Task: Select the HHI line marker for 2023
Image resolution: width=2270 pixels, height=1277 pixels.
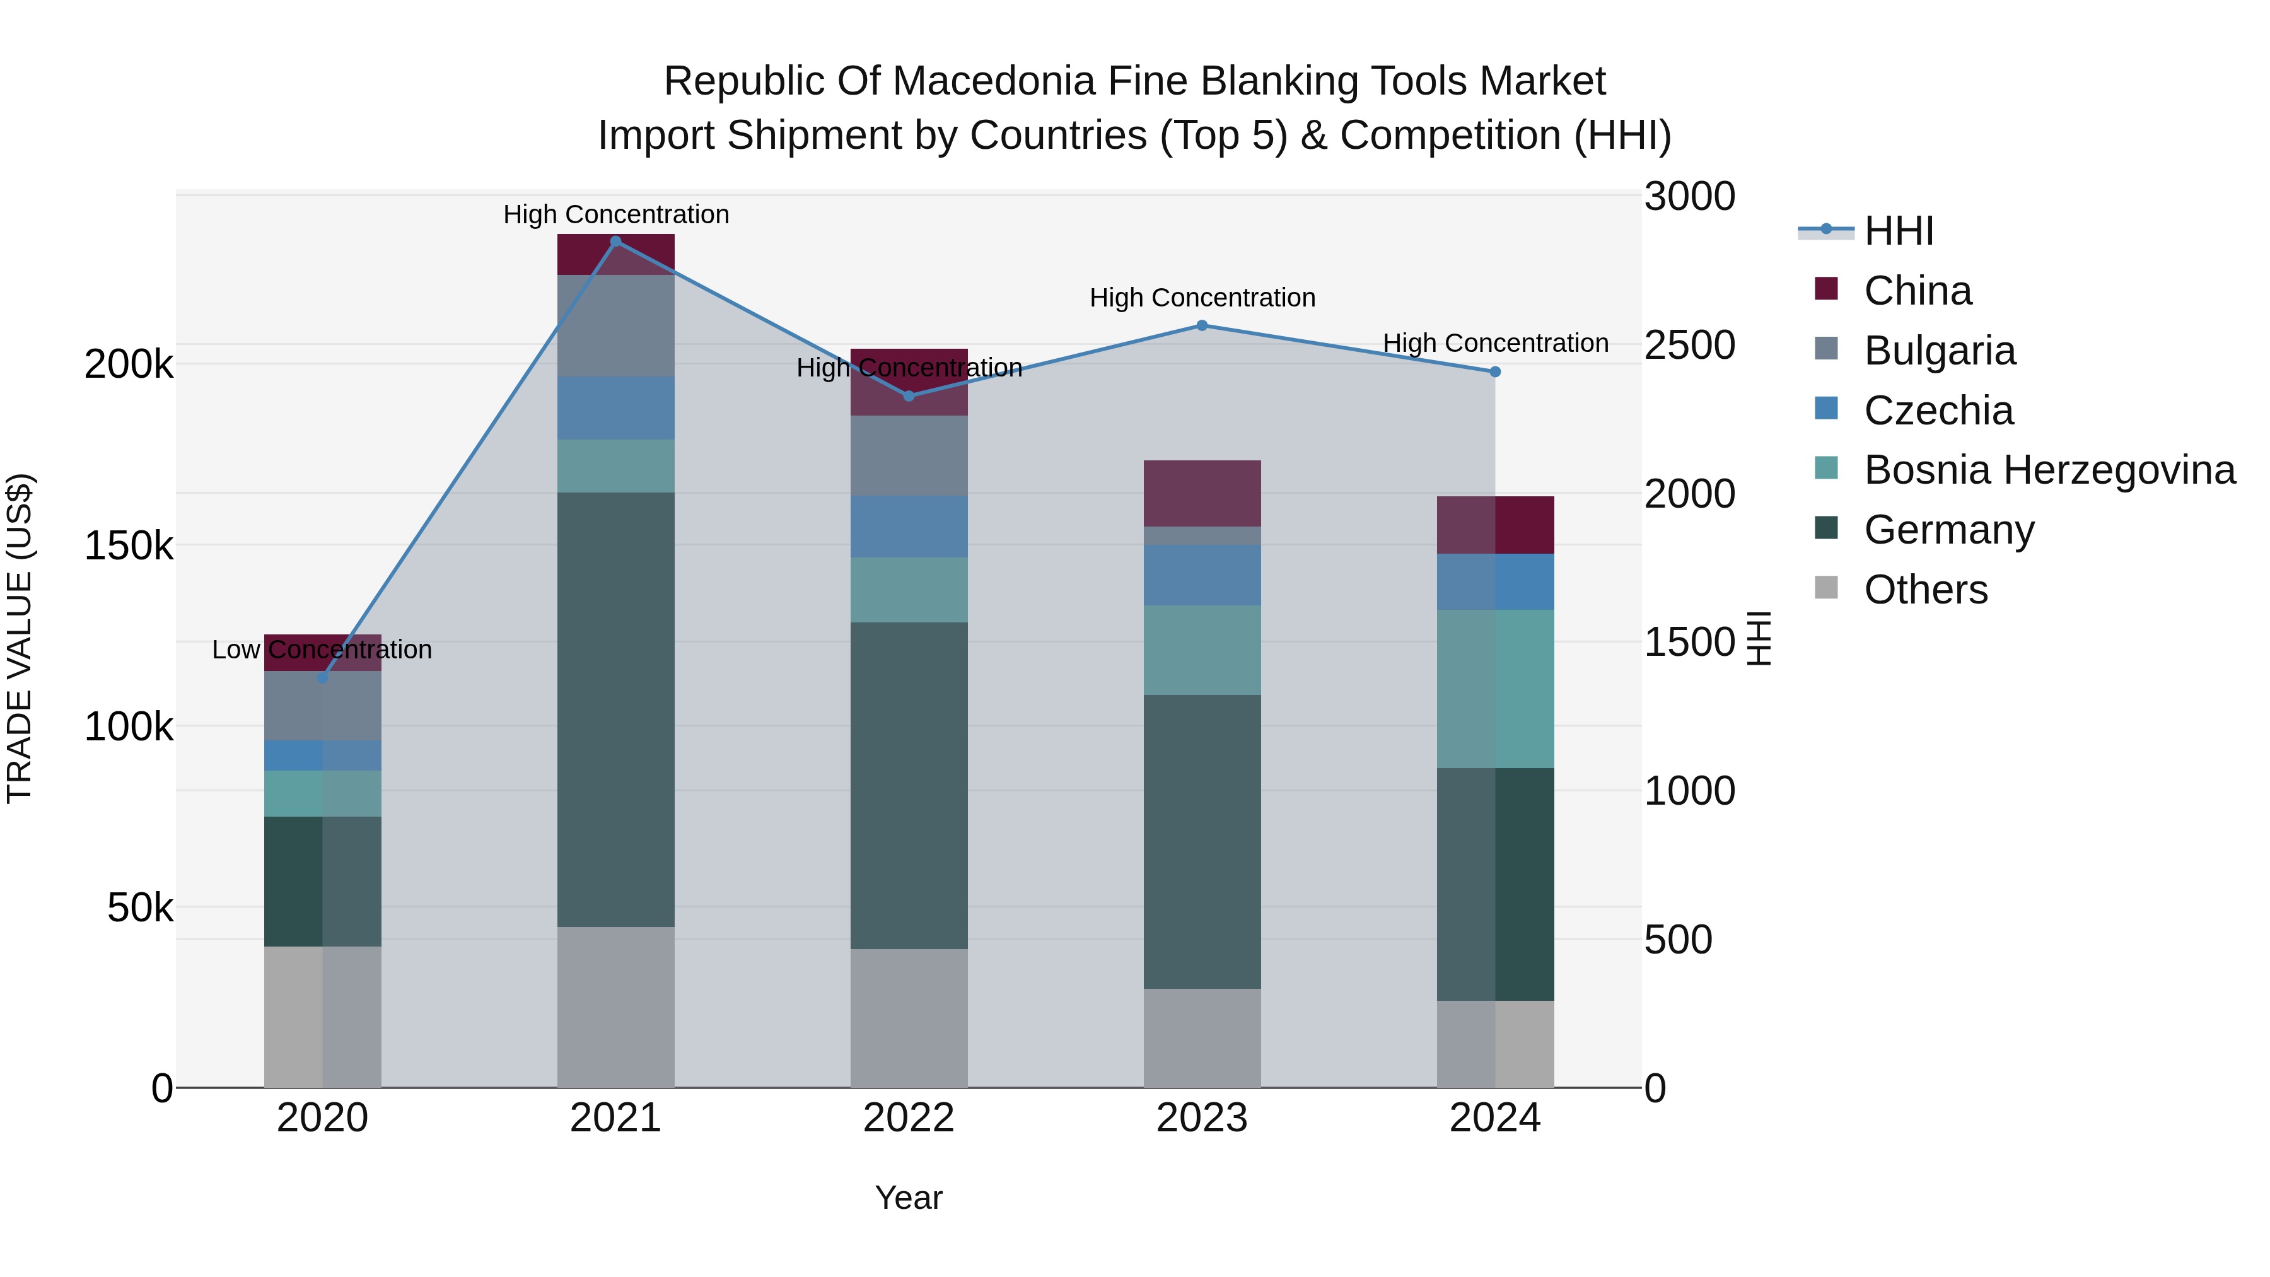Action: tap(1201, 325)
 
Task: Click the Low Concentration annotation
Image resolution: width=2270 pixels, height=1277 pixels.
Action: tap(322, 650)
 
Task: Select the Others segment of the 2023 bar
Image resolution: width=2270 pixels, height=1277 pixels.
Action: tap(1201, 1037)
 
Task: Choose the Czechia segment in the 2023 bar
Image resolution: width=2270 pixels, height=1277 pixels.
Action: tap(1201, 574)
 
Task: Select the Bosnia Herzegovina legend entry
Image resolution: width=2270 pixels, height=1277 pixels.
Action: tap(2049, 470)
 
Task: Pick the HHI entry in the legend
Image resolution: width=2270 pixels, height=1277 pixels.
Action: tap(1899, 231)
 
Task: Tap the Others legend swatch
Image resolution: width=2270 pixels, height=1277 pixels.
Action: tap(1826, 588)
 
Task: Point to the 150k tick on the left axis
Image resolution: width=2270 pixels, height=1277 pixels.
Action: tap(129, 546)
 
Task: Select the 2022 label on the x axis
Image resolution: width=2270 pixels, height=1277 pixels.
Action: tap(909, 1118)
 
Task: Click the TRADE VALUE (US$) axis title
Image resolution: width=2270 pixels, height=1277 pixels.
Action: tap(20, 638)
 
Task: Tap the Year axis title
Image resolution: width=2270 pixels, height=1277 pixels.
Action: tap(909, 1198)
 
